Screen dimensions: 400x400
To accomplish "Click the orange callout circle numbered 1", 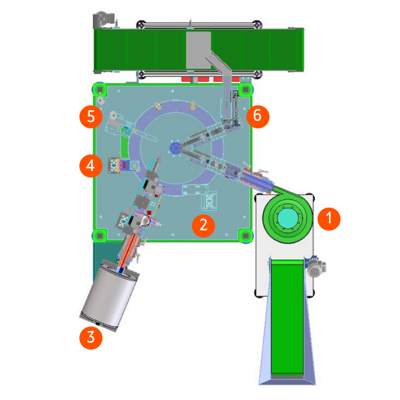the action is [x=329, y=219].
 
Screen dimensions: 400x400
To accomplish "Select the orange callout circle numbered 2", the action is [x=203, y=226].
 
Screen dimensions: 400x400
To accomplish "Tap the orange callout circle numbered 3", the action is [x=91, y=338].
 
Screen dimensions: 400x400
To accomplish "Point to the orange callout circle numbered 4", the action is [x=91, y=166].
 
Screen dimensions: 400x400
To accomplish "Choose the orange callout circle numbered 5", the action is [x=91, y=117].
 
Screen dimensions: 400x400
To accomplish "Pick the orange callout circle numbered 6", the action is [x=257, y=117].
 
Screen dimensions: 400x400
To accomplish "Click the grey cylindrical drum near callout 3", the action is [x=109, y=295].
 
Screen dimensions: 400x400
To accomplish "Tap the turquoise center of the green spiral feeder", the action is [x=288, y=218].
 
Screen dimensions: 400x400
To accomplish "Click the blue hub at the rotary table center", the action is [x=175, y=148].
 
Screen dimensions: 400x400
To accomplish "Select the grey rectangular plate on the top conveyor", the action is [x=199, y=50].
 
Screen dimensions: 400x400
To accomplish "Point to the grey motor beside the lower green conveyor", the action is [x=316, y=266].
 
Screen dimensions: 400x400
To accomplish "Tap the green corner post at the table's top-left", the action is [x=100, y=90].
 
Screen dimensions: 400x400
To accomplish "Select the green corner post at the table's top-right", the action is [x=245, y=90].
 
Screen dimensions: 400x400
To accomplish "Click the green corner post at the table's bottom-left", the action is [x=100, y=235].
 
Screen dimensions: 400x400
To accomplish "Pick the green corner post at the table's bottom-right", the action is [x=245, y=235].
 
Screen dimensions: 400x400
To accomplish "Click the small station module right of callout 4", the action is [x=124, y=165].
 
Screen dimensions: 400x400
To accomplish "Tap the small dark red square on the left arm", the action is [x=149, y=212].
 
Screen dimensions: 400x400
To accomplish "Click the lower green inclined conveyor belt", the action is [x=287, y=317].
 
